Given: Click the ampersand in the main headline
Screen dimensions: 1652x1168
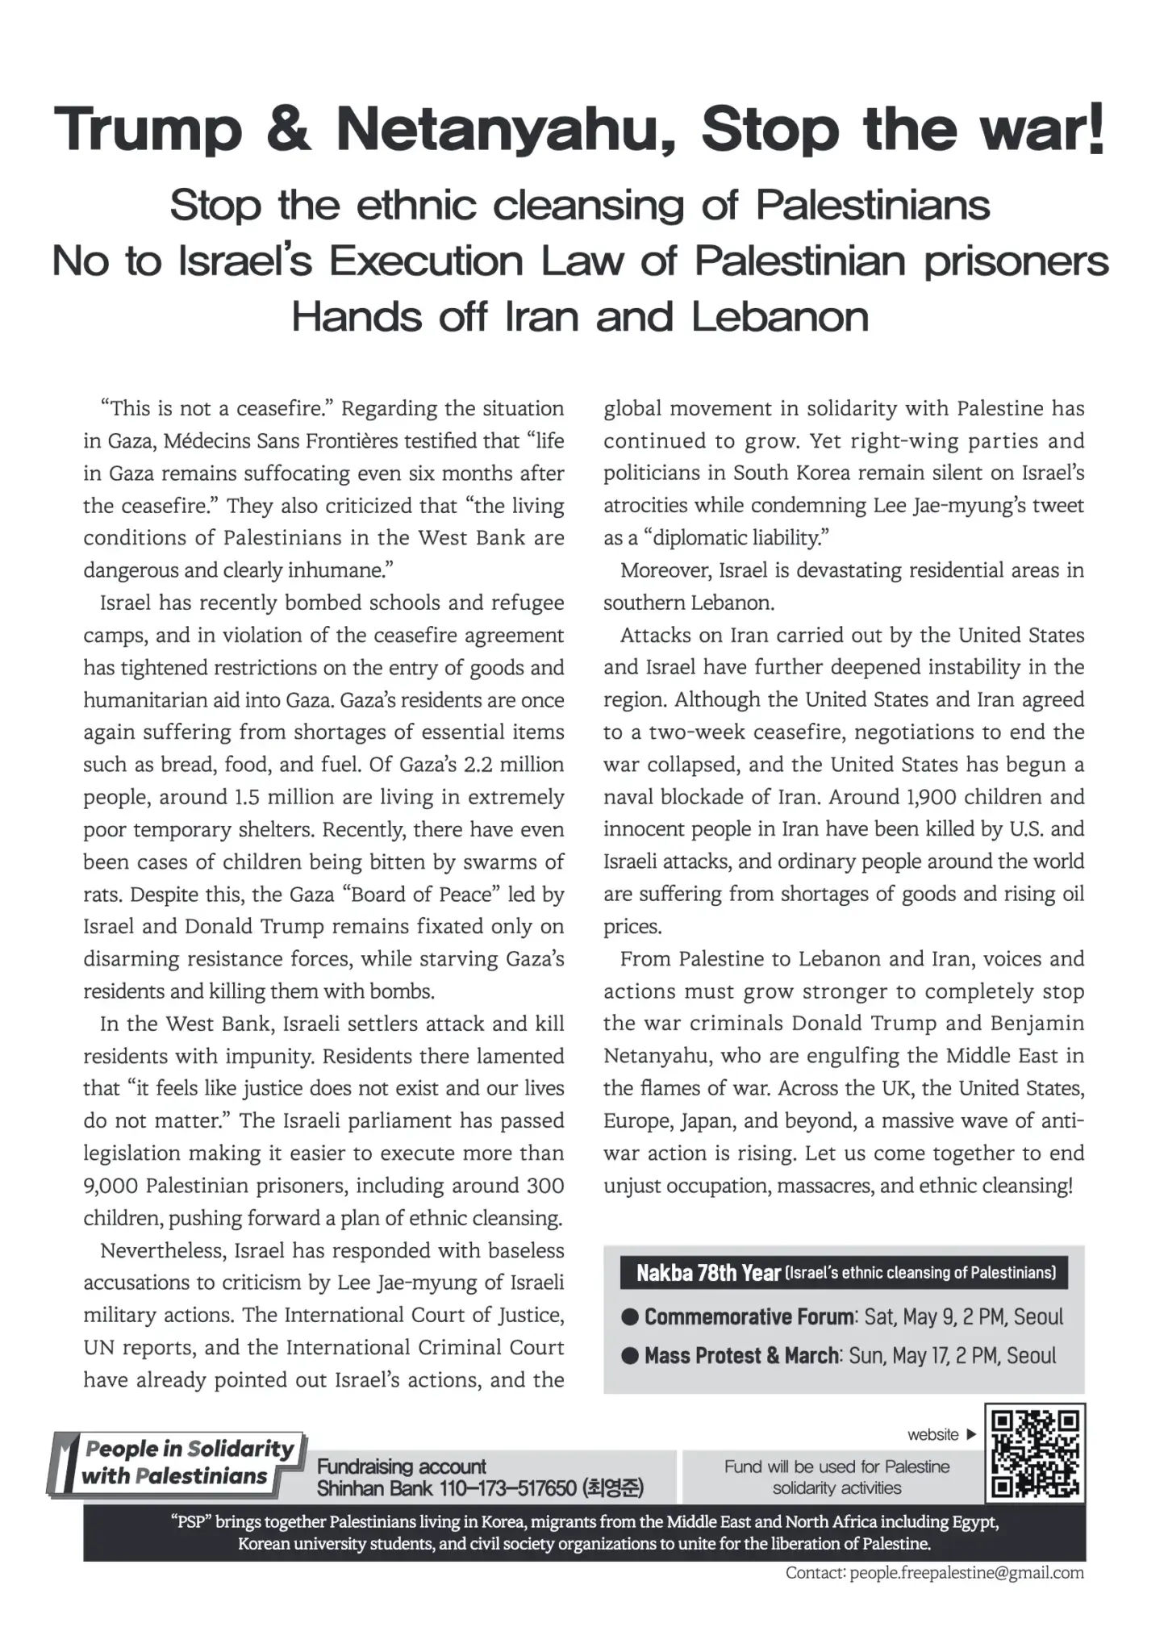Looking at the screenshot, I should coord(287,129).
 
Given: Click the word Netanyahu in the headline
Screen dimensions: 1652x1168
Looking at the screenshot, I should coord(505,129).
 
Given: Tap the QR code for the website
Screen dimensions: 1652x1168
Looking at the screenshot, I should coord(1036,1453).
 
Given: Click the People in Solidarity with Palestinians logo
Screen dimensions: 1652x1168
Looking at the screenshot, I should coord(177,1462).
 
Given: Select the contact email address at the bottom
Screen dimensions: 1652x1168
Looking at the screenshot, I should coord(966,1573).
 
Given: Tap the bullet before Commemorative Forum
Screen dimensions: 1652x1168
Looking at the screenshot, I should coord(630,1317).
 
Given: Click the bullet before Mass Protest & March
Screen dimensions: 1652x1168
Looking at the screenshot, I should coord(630,1356).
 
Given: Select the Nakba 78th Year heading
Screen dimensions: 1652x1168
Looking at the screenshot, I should coord(708,1273).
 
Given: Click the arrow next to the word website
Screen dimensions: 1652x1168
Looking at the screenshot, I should coord(971,1434).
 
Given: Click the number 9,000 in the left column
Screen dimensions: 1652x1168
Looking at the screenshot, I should coord(111,1186).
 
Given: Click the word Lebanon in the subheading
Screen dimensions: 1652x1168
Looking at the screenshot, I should coord(780,317).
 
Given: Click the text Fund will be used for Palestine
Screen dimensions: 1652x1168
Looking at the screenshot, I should coord(836,1466).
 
